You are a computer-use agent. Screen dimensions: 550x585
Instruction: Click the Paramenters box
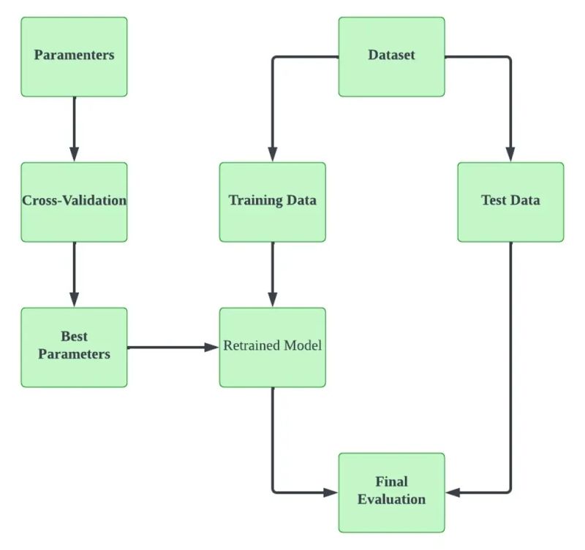click(x=74, y=56)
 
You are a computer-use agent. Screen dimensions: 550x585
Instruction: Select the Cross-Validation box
click(x=74, y=202)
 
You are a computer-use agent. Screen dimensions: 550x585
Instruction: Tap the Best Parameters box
click(x=74, y=346)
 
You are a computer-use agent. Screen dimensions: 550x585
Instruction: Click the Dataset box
click(x=391, y=56)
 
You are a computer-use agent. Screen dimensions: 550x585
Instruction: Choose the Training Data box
click(x=272, y=202)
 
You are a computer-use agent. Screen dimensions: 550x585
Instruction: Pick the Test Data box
click(x=510, y=202)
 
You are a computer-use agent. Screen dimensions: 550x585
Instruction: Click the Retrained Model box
click(x=272, y=346)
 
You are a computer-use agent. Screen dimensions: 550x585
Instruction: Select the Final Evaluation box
click(x=391, y=492)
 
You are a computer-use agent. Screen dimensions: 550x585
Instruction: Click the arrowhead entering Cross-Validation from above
click(x=74, y=154)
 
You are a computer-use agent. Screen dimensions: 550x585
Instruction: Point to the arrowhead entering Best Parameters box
click(x=74, y=299)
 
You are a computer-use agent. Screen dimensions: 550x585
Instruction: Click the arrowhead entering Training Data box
click(x=272, y=154)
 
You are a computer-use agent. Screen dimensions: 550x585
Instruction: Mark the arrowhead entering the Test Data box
click(x=510, y=154)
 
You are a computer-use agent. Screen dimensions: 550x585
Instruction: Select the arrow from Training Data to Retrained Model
click(x=272, y=274)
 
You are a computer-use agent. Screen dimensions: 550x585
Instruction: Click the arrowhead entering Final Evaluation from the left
click(x=331, y=492)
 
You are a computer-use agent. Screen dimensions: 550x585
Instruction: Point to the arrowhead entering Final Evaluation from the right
click(x=453, y=492)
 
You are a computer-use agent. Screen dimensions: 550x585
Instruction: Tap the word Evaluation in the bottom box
click(x=391, y=500)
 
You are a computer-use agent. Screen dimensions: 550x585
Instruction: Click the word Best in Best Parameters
click(x=74, y=337)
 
